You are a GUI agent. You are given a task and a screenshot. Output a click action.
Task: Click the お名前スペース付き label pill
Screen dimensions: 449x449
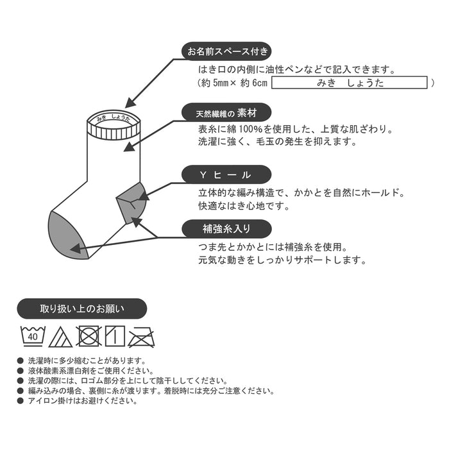point(226,51)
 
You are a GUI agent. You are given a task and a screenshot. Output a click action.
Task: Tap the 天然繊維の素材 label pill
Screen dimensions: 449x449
point(226,113)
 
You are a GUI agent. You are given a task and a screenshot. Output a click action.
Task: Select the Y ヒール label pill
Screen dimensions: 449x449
point(226,174)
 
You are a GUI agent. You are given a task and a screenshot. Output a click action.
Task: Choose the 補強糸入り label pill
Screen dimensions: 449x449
point(226,228)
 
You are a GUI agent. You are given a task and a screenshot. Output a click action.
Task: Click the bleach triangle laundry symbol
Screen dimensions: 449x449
point(61,336)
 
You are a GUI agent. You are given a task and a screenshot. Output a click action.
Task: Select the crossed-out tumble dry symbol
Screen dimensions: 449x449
point(89,335)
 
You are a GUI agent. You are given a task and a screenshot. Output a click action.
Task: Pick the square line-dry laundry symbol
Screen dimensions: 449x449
point(114,335)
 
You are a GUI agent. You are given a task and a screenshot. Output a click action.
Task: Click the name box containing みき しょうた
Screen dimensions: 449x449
point(350,83)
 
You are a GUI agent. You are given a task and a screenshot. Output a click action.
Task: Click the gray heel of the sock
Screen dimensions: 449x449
point(130,199)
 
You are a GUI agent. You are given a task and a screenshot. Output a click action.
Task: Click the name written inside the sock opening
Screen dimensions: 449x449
point(113,119)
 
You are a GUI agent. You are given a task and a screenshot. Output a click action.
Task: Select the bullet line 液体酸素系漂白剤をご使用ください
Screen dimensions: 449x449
point(90,371)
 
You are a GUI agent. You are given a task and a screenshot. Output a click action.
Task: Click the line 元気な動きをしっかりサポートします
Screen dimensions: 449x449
point(282,260)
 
